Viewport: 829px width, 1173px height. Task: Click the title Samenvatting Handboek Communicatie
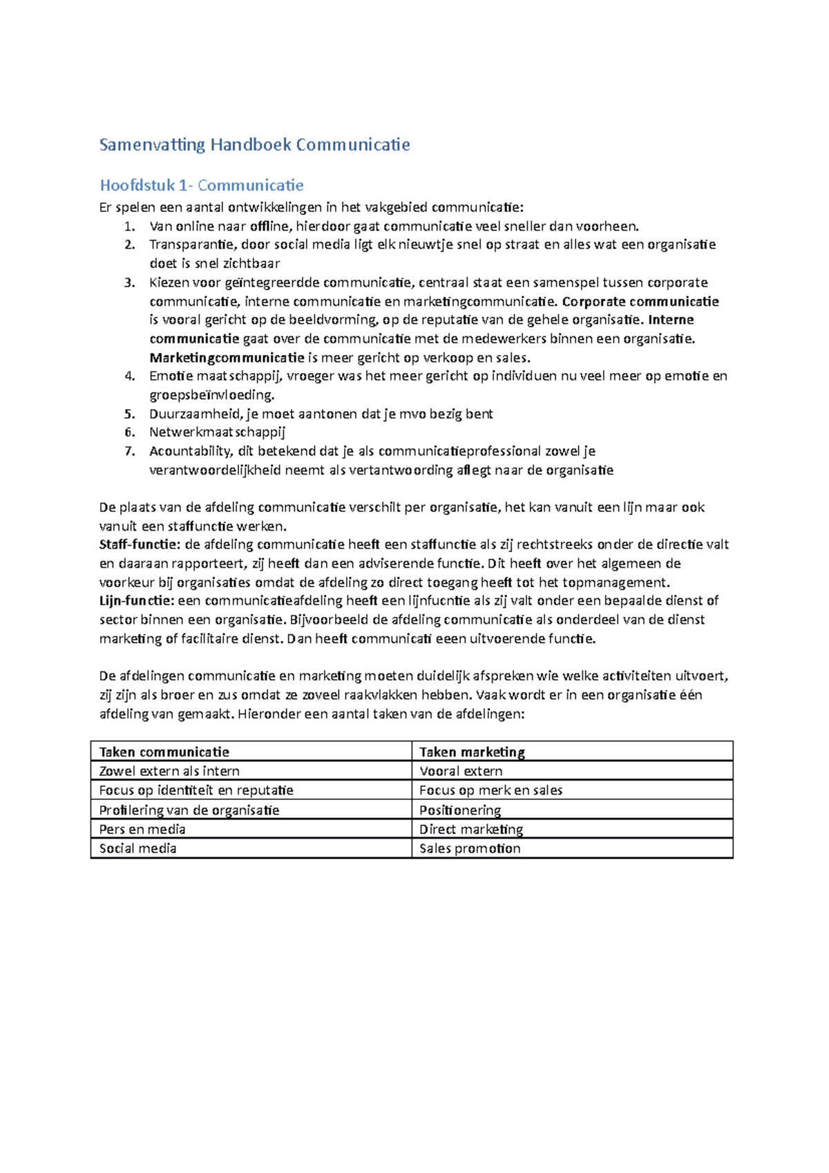(x=254, y=145)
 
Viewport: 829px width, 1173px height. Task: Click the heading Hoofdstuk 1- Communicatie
(x=202, y=185)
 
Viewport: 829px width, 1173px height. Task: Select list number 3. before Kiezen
(x=130, y=283)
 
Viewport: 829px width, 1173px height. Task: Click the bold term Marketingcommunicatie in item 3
(x=227, y=358)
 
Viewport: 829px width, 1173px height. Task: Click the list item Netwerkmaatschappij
(x=217, y=432)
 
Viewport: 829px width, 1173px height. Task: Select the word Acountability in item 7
(x=190, y=451)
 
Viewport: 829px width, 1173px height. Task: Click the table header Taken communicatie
(x=164, y=752)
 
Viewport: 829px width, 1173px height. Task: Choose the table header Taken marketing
(x=472, y=752)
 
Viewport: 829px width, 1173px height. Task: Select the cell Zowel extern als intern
(x=169, y=771)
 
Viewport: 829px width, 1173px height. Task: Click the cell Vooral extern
(x=461, y=771)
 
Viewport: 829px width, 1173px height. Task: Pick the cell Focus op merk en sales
(x=490, y=790)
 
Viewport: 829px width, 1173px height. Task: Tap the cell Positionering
(x=460, y=810)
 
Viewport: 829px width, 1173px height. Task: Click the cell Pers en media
(x=142, y=829)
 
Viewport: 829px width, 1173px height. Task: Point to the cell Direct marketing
(x=471, y=829)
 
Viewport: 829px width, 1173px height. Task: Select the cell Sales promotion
(x=470, y=848)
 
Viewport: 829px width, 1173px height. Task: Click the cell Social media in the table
(x=138, y=848)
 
